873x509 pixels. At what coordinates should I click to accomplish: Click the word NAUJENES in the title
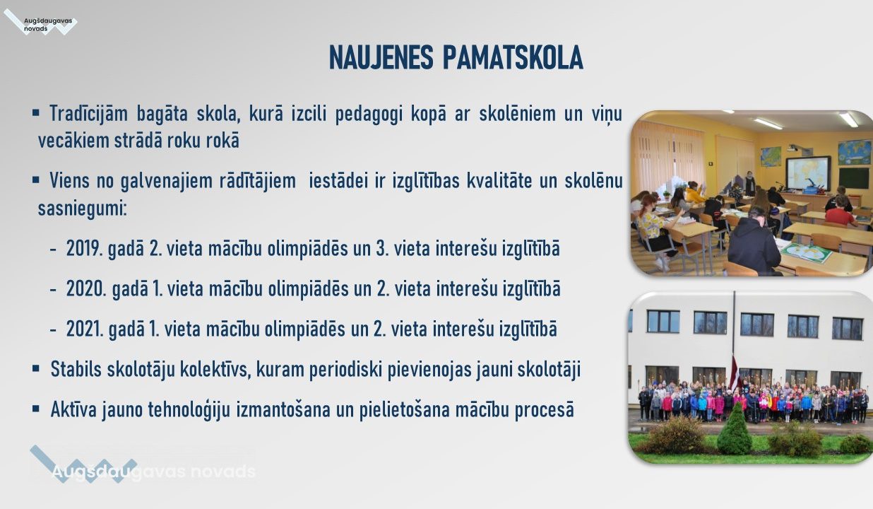coord(381,57)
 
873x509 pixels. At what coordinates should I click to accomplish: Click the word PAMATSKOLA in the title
coord(513,57)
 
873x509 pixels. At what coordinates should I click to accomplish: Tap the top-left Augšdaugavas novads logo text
coord(47,25)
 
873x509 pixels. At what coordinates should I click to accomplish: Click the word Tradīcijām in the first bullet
coord(88,114)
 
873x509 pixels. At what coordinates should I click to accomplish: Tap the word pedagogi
coord(369,115)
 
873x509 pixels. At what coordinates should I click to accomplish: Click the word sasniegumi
coord(82,209)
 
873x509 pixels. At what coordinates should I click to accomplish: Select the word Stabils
coord(76,369)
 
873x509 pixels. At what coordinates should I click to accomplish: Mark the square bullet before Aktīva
coord(36,409)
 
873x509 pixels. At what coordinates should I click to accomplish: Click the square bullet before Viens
coord(36,180)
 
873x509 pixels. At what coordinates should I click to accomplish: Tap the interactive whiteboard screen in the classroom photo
coord(808,173)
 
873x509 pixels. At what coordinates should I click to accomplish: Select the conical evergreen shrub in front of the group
coord(735,429)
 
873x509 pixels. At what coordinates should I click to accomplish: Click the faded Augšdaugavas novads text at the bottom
coord(153,472)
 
